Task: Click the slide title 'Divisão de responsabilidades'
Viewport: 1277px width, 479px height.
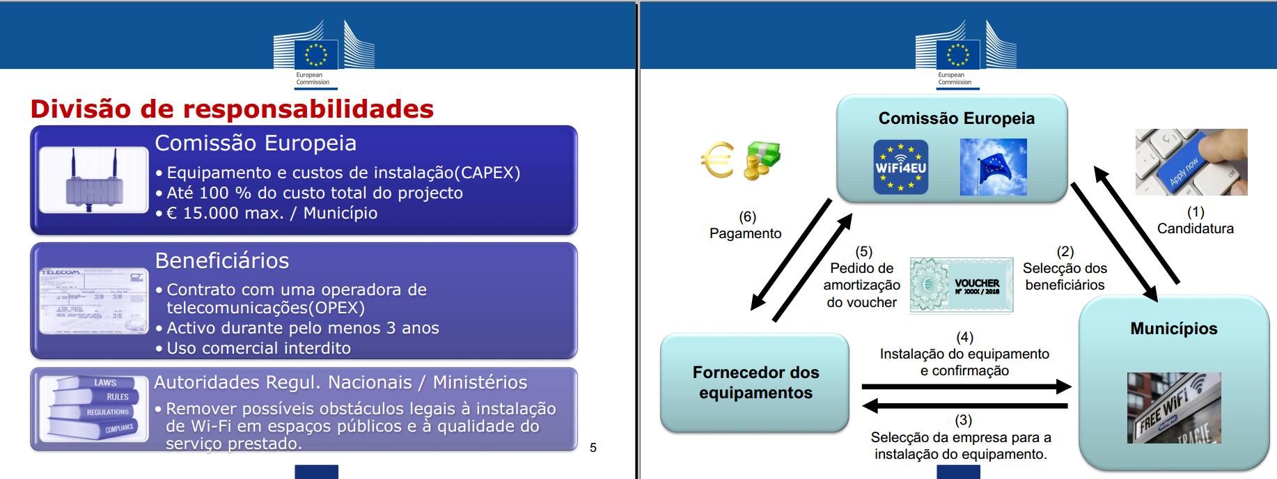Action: click(x=232, y=109)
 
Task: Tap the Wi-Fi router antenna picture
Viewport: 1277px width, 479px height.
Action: click(x=94, y=180)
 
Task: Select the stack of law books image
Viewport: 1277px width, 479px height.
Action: click(x=94, y=409)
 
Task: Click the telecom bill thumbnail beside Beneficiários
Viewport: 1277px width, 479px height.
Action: click(x=94, y=301)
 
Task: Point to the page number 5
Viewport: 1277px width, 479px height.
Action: click(x=593, y=448)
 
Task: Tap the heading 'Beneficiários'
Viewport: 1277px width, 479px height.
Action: click(x=221, y=260)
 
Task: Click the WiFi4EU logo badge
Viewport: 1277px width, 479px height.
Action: click(x=901, y=167)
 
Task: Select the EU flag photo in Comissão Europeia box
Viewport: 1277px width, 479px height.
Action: click(x=993, y=167)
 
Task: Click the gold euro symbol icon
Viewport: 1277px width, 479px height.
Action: click(x=716, y=160)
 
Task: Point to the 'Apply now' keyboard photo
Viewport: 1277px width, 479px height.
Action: click(x=1191, y=162)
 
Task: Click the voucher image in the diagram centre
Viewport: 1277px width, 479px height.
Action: click(x=962, y=285)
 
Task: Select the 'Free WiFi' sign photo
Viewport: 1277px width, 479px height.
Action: click(x=1174, y=407)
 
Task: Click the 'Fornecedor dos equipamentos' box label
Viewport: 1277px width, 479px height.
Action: click(x=755, y=382)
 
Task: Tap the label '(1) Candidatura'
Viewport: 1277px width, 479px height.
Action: click(x=1195, y=220)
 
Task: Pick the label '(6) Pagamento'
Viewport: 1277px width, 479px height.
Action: click(x=746, y=225)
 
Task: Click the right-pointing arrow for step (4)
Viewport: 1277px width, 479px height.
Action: click(x=966, y=386)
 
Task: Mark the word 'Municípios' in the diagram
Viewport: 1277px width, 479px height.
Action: click(x=1174, y=329)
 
